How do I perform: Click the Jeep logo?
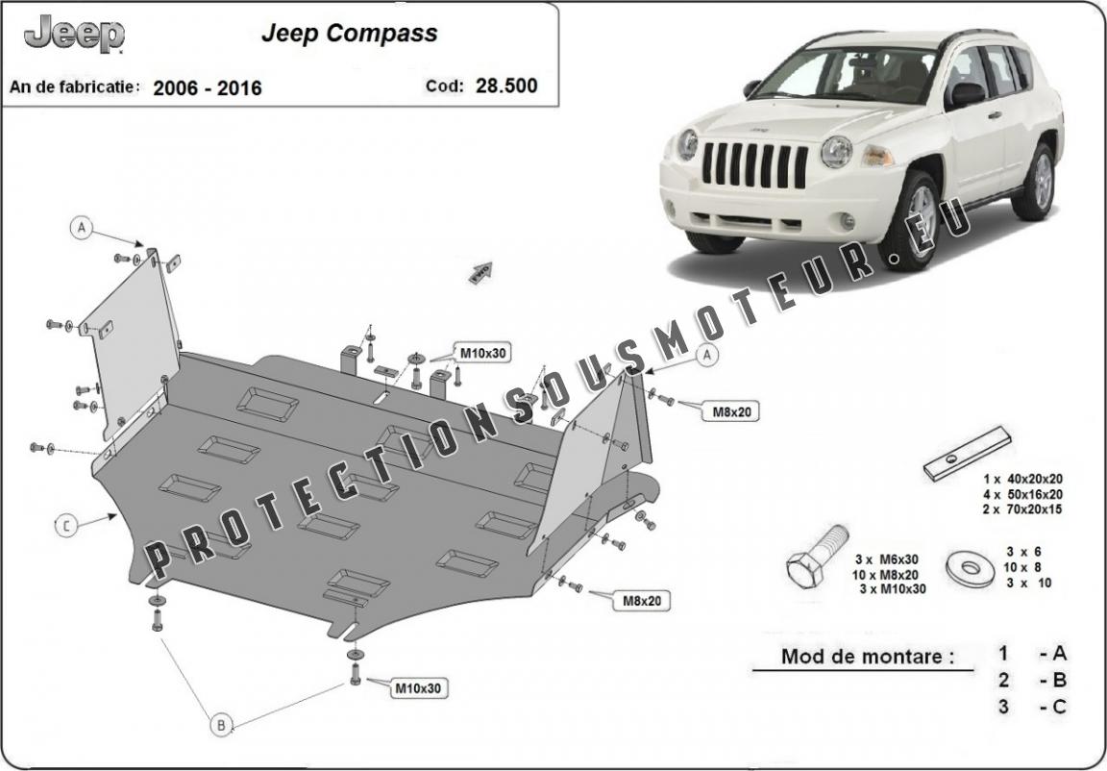click(x=75, y=35)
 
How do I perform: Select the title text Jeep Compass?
click(x=349, y=33)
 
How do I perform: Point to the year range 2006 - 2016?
click(x=207, y=88)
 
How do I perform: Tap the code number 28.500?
click(x=506, y=86)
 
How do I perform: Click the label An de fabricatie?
click(x=75, y=87)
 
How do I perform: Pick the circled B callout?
click(x=221, y=725)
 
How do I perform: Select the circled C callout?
click(x=66, y=525)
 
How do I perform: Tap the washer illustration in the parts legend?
click(x=971, y=567)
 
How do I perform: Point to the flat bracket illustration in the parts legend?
click(x=967, y=453)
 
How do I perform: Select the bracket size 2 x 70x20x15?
click(x=1022, y=510)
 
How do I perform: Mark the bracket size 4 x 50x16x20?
click(x=1022, y=494)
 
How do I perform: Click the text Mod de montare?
click(x=868, y=658)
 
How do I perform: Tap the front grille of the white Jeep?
click(x=754, y=165)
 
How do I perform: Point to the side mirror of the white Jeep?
click(x=966, y=94)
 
